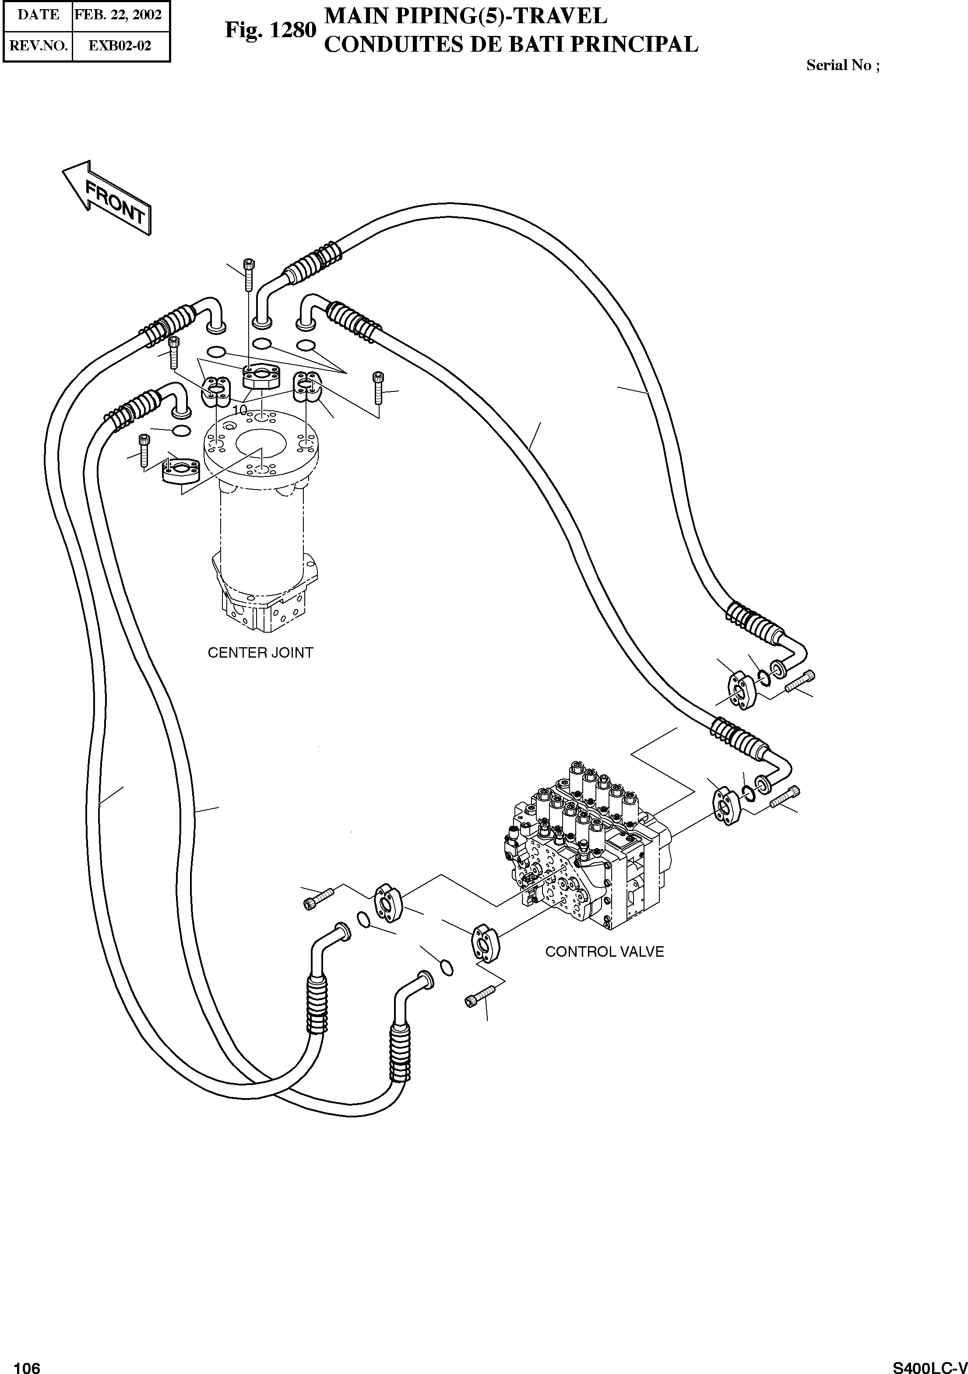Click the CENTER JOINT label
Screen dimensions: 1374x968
point(260,653)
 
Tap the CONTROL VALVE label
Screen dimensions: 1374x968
point(604,952)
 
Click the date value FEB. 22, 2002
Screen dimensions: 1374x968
point(119,14)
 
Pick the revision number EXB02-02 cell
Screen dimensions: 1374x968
point(120,46)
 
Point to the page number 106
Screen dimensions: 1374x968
point(26,1365)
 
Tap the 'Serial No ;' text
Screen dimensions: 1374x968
point(842,65)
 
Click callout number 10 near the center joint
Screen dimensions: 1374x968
point(239,410)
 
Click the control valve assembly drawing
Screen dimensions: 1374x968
point(589,850)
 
